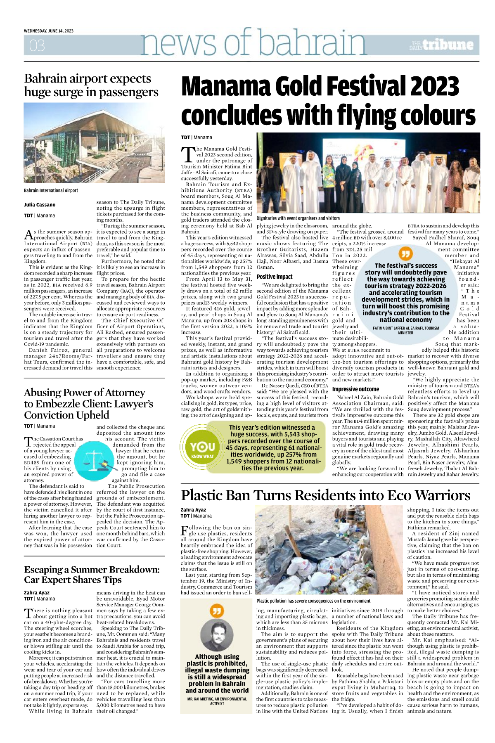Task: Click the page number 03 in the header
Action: pos(37,45)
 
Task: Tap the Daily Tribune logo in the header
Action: pos(441,45)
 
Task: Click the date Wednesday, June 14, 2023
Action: pos(49,31)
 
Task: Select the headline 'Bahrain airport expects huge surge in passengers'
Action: pos(91,85)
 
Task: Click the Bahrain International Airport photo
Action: pos(94,142)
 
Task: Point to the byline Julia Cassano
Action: pos(40,205)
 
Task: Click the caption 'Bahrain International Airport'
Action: pos(51,190)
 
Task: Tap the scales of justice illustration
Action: pos(93,459)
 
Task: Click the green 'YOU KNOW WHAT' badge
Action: pos(202,447)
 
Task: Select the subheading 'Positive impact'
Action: pos(274,277)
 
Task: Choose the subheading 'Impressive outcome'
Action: pos(355,389)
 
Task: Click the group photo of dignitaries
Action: pos(368,173)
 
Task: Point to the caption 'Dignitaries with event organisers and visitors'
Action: pos(298,218)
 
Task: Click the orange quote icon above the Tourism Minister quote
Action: pos(405,253)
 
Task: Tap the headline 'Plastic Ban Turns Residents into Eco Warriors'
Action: pos(326,495)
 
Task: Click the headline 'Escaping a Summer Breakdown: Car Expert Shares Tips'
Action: pos(92,574)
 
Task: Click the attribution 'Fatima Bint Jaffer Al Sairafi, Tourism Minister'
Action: pos(405,330)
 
